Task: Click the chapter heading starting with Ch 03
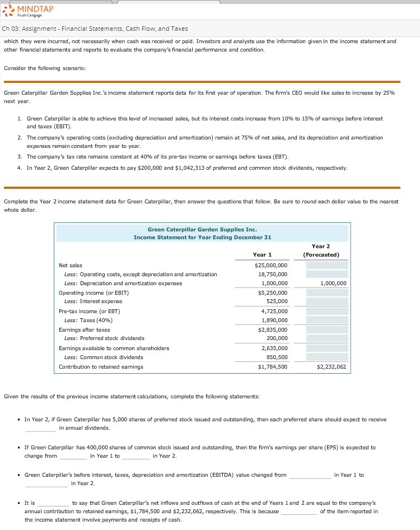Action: pyautogui.click(x=95, y=29)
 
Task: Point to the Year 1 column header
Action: pyautogui.click(x=262, y=255)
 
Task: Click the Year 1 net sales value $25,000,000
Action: pyautogui.click(x=271, y=265)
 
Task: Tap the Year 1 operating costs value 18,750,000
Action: pyautogui.click(x=273, y=275)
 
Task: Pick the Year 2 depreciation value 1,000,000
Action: pyautogui.click(x=333, y=283)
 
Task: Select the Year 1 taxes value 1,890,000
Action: pyautogui.click(x=274, y=320)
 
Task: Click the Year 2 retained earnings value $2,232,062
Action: pyautogui.click(x=332, y=367)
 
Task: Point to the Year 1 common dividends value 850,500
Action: pyautogui.click(x=277, y=357)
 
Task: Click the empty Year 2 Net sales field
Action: pyautogui.click(x=326, y=265)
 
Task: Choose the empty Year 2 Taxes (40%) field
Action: pyautogui.click(x=326, y=320)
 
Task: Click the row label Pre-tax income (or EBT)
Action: pyautogui.click(x=90, y=311)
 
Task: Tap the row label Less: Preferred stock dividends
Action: pyautogui.click(x=104, y=338)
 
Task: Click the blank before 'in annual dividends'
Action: pyautogui.click(x=40, y=429)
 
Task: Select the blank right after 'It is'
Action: pyautogui.click(x=53, y=504)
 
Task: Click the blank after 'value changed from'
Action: pyautogui.click(x=310, y=475)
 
